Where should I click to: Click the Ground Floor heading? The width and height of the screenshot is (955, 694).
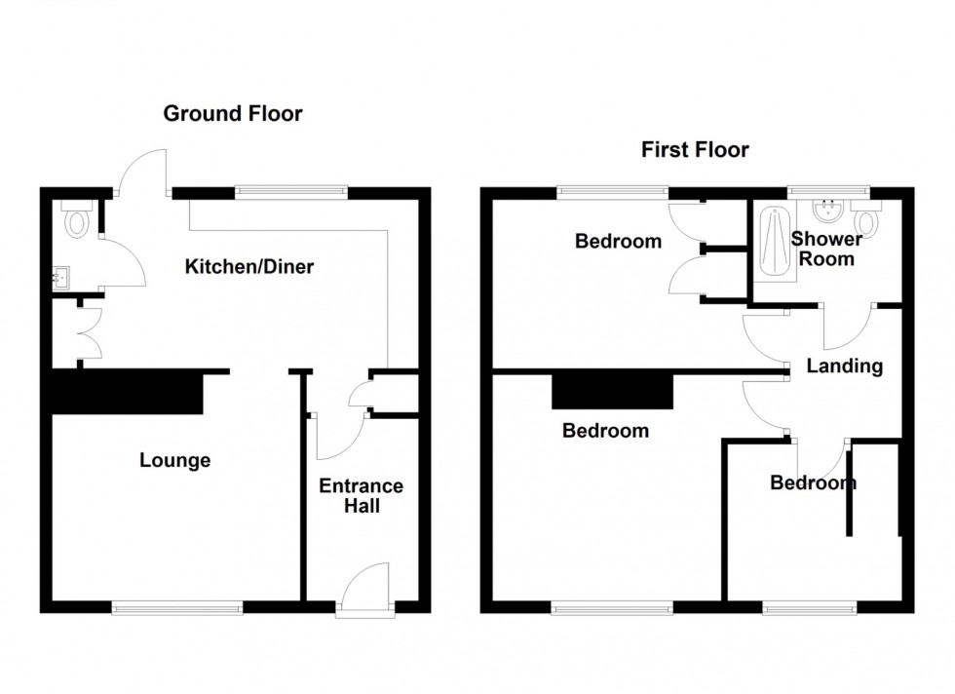(233, 113)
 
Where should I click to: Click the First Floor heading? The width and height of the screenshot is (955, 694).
(695, 149)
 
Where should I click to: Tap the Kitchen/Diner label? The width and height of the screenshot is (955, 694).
(249, 266)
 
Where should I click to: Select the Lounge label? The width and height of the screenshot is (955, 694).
(174, 460)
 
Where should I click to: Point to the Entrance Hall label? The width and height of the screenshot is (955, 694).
(362, 495)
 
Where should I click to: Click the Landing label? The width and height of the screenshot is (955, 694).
(844, 366)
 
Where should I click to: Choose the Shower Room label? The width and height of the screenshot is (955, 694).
(826, 249)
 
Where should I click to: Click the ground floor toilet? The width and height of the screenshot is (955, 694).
(77, 218)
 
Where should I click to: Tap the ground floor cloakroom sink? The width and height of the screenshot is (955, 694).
(60, 279)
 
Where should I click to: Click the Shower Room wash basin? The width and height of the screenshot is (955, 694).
(827, 211)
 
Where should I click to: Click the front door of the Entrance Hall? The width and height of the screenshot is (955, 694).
(365, 587)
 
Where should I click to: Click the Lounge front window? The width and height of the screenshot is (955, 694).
(177, 607)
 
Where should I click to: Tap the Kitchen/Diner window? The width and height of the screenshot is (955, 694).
(291, 193)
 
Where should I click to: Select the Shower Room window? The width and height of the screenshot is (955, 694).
(828, 193)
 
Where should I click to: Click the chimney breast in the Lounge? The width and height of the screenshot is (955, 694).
(128, 393)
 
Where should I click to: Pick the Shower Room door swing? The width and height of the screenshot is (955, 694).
(849, 327)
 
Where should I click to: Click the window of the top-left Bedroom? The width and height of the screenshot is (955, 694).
(613, 193)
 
